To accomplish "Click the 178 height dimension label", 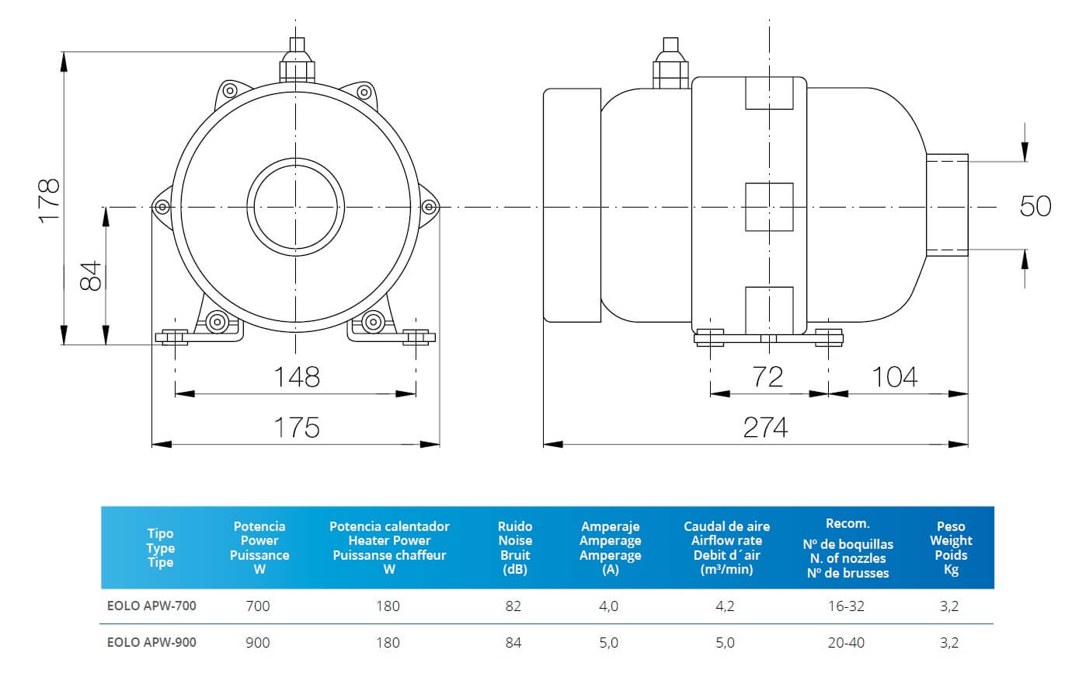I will click(x=49, y=201).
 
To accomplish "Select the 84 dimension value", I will click(x=91, y=275).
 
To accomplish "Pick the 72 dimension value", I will click(x=767, y=377).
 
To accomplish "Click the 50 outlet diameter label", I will click(x=1035, y=207).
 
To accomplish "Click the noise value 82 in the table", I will click(x=513, y=606).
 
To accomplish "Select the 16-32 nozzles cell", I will click(x=846, y=606).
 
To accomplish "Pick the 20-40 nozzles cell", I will click(x=846, y=643).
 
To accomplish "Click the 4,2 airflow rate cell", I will click(x=725, y=606).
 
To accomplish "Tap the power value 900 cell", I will click(x=259, y=643).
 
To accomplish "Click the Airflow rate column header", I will click(x=726, y=548).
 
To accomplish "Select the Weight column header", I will click(x=950, y=548).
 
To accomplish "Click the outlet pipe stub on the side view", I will click(x=947, y=205).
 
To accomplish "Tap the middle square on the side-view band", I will click(x=769, y=207).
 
